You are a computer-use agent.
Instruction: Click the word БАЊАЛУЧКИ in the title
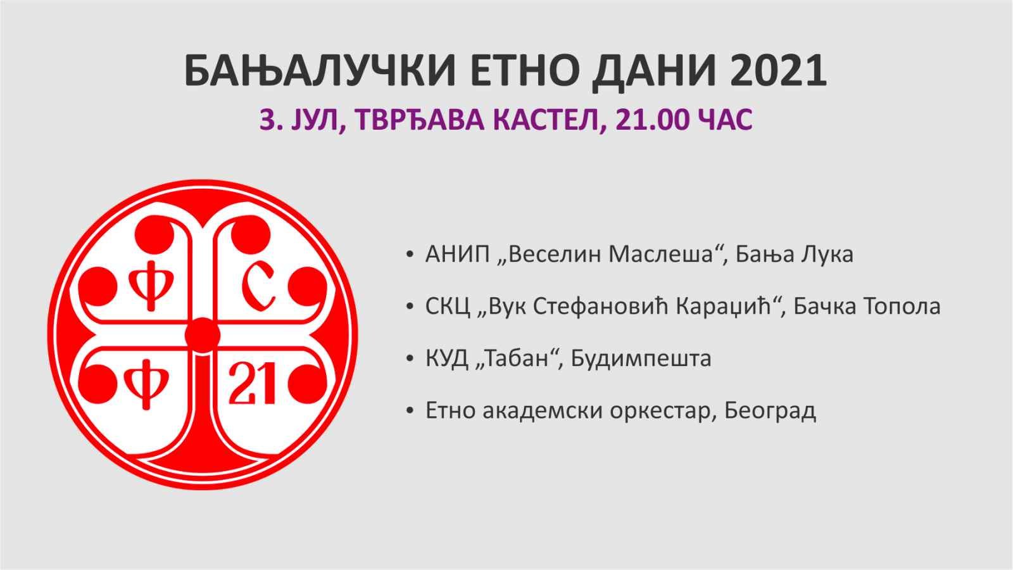click(x=320, y=72)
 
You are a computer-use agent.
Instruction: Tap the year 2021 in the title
click(x=778, y=71)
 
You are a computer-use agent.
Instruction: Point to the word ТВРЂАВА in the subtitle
click(x=419, y=120)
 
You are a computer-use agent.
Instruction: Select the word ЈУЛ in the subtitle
click(x=317, y=121)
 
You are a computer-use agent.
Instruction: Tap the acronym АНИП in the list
click(x=458, y=255)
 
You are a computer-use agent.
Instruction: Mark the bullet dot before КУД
click(x=410, y=359)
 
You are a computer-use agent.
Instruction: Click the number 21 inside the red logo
click(x=253, y=384)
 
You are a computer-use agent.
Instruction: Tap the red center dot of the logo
click(x=203, y=335)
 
